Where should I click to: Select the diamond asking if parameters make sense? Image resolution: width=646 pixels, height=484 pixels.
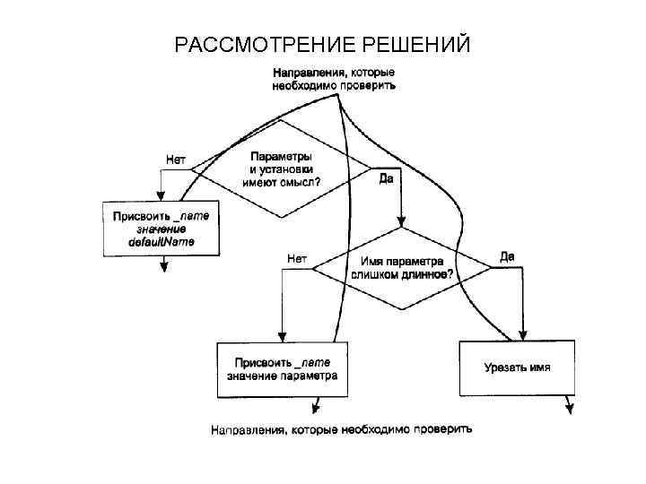(282, 168)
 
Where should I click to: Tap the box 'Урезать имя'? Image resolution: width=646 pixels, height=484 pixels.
(517, 367)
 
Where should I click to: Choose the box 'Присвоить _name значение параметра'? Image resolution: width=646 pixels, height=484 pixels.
(282, 369)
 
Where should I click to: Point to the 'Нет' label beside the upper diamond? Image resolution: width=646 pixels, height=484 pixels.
(176, 159)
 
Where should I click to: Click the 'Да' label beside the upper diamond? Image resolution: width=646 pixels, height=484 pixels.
(387, 179)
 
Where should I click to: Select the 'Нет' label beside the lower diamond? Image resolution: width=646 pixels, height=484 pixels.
(297, 258)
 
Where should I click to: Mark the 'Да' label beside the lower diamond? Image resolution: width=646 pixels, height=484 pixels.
(507, 257)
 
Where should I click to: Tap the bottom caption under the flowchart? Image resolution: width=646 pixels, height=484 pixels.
(341, 429)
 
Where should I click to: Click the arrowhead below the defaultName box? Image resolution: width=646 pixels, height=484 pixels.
(162, 266)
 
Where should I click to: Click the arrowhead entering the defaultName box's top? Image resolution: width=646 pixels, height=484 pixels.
(161, 199)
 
